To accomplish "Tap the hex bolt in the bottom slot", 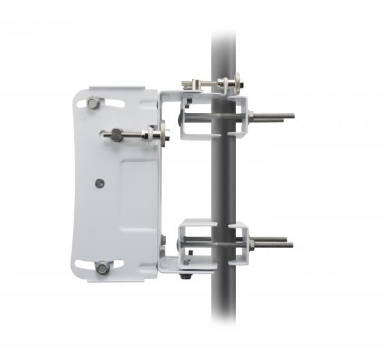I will [x=102, y=267].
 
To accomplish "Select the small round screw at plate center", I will [x=99, y=184].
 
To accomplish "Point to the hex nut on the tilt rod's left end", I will [x=116, y=134].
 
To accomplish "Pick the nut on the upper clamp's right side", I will [x=250, y=116].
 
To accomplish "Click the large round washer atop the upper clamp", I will [x=237, y=82].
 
